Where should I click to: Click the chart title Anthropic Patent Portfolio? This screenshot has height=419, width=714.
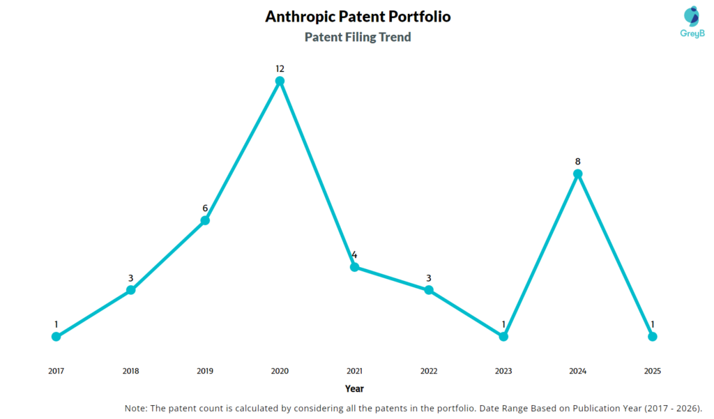358,17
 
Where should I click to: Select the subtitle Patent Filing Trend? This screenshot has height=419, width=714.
358,37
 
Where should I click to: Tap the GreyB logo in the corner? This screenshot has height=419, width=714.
692,21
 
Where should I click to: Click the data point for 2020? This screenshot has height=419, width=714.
280,81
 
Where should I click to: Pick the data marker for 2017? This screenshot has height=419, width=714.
56,336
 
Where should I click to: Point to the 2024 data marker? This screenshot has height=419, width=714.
577,174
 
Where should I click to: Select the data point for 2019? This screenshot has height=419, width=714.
205,220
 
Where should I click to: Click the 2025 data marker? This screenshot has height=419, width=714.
652,336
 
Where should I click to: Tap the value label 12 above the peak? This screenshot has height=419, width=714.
280,68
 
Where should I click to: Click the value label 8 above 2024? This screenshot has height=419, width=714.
577,161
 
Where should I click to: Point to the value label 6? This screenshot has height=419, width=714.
205,208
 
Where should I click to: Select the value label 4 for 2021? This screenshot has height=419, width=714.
354,254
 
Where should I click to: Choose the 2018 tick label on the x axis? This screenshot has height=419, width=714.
130,371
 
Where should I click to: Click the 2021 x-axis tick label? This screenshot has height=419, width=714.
354,371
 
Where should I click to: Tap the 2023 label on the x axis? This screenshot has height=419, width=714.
503,371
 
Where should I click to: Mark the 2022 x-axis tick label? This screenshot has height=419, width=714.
429,371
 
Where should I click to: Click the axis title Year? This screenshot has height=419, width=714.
354,388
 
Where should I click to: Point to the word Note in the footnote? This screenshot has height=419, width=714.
135,408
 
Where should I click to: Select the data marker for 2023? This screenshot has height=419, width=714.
503,336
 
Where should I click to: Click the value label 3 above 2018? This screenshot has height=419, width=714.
130,277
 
